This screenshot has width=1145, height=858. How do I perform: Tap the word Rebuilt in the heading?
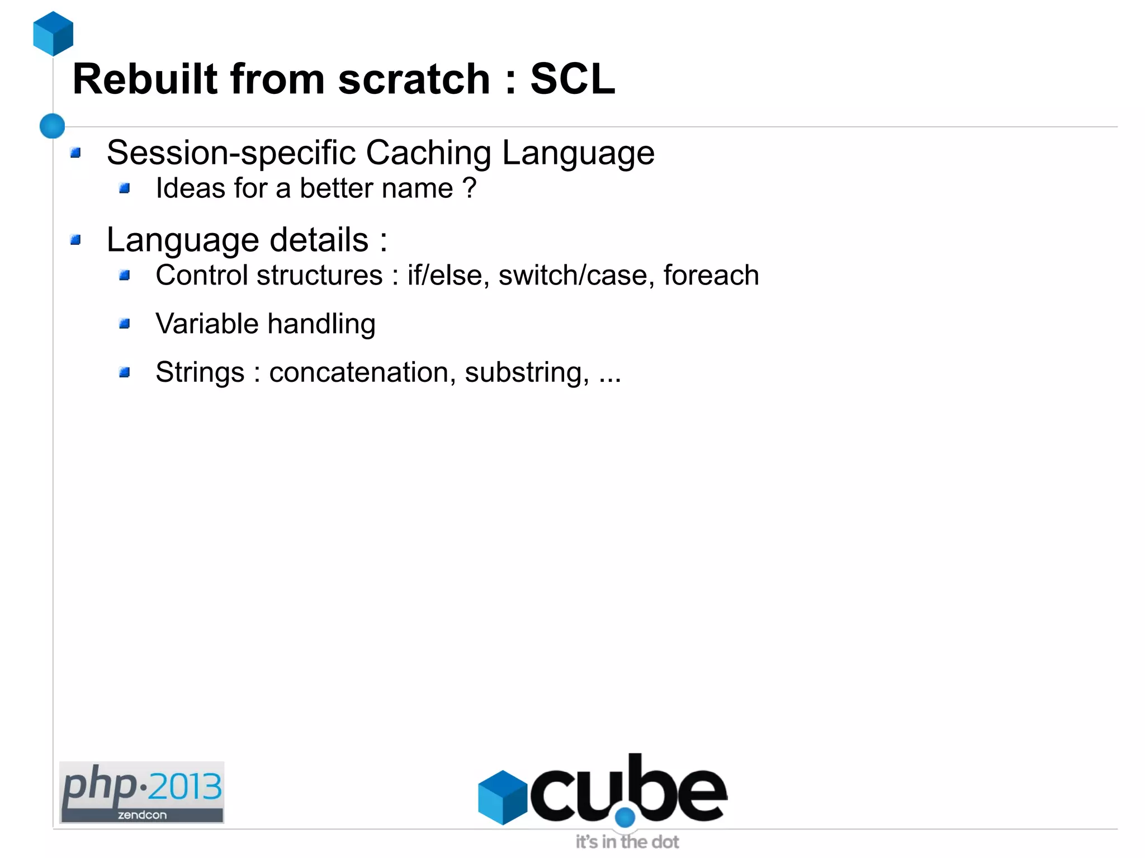click(145, 79)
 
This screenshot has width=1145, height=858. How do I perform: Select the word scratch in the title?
click(414, 79)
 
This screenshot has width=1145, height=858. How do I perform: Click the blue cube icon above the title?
click(53, 34)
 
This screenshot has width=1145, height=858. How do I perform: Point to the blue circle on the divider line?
click(53, 126)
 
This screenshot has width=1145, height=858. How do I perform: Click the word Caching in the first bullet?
click(428, 153)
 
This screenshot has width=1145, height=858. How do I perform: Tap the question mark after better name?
click(470, 188)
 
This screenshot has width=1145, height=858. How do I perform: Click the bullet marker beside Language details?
click(75, 240)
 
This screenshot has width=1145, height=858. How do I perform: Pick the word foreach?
click(711, 275)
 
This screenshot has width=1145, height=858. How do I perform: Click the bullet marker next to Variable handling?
click(124, 324)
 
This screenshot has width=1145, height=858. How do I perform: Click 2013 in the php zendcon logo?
click(185, 787)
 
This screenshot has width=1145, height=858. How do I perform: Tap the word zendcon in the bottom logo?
click(142, 815)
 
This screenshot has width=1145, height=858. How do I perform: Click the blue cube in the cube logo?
click(502, 797)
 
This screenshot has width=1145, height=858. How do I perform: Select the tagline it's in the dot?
click(627, 842)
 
